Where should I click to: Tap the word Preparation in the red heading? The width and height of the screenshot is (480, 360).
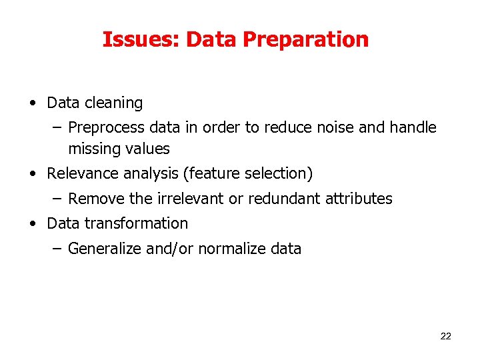[305, 40]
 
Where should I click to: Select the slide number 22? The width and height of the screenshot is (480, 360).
[446, 336]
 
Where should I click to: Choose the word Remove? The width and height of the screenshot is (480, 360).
[93, 199]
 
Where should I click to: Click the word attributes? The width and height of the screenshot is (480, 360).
[359, 199]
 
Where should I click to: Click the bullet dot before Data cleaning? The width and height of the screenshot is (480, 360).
[32, 104]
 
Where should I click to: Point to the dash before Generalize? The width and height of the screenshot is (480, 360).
[57, 249]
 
